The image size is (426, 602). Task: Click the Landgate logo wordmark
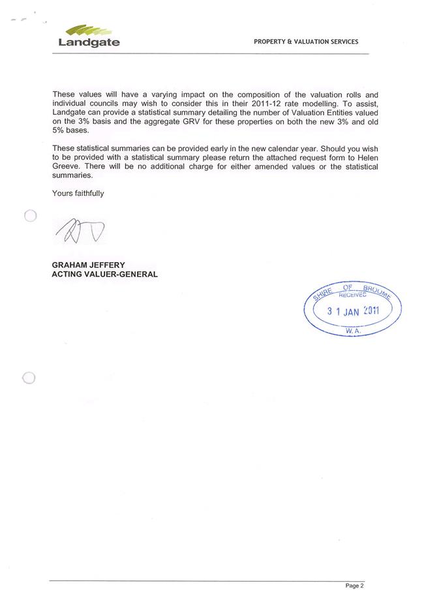tap(89, 42)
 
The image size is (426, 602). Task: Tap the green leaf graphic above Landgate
tap(89, 30)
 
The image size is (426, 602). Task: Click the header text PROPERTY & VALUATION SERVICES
tap(306, 42)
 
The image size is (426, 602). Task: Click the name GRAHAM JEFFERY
tap(88, 265)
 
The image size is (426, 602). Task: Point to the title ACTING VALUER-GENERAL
tap(104, 274)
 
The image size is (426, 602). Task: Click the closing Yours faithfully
tap(78, 193)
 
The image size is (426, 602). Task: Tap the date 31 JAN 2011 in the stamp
tap(353, 312)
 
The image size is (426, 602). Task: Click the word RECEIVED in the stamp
tap(353, 295)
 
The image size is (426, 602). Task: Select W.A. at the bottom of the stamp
tap(353, 331)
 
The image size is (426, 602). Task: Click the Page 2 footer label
tap(355, 586)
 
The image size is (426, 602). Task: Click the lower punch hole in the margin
tap(28, 378)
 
